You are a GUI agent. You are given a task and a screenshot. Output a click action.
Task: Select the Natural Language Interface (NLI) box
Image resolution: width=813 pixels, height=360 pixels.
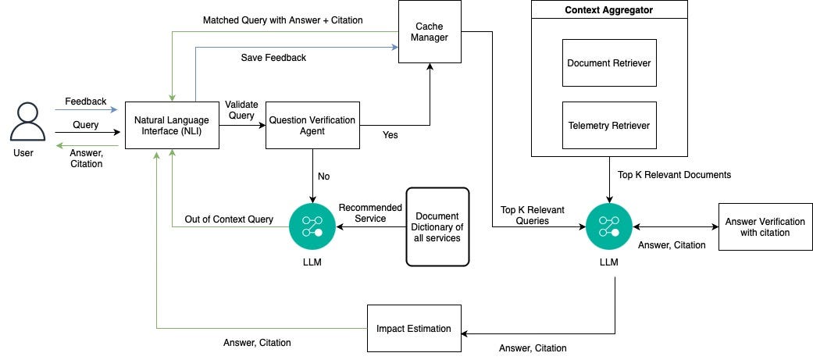tap(172, 125)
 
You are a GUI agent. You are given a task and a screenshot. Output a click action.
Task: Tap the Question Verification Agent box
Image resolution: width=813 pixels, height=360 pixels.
tap(312, 125)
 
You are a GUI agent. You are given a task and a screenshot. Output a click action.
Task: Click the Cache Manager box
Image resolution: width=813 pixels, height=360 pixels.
tap(430, 32)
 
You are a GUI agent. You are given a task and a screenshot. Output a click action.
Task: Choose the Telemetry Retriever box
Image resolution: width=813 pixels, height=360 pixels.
tap(609, 125)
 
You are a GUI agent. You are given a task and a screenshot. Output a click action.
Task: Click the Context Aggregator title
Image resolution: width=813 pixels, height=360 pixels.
tap(609, 10)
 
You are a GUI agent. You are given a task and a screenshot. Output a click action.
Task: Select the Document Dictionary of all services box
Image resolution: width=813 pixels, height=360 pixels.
tap(437, 226)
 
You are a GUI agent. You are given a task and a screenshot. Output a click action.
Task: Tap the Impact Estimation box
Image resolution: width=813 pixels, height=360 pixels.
tap(414, 328)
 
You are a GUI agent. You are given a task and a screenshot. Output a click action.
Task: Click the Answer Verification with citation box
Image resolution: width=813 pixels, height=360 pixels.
tap(765, 226)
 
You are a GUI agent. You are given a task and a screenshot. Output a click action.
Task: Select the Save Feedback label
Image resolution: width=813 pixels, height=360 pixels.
tap(273, 58)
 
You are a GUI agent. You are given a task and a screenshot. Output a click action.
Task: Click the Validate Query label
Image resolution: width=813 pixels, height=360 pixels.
tap(241, 109)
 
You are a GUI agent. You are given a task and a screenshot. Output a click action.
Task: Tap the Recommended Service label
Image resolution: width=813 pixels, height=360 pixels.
tap(369, 213)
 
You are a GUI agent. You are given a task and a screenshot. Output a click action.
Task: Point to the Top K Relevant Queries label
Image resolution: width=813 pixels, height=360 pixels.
tap(533, 215)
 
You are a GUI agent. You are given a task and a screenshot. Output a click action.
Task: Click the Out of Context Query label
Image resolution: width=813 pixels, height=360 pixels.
tap(228, 219)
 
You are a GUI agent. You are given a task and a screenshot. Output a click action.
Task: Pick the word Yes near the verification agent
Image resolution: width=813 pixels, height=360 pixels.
tap(390, 135)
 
